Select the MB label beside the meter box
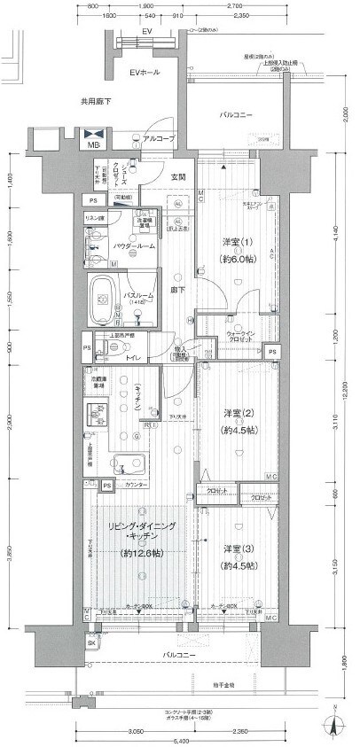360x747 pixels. (x=94, y=144)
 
